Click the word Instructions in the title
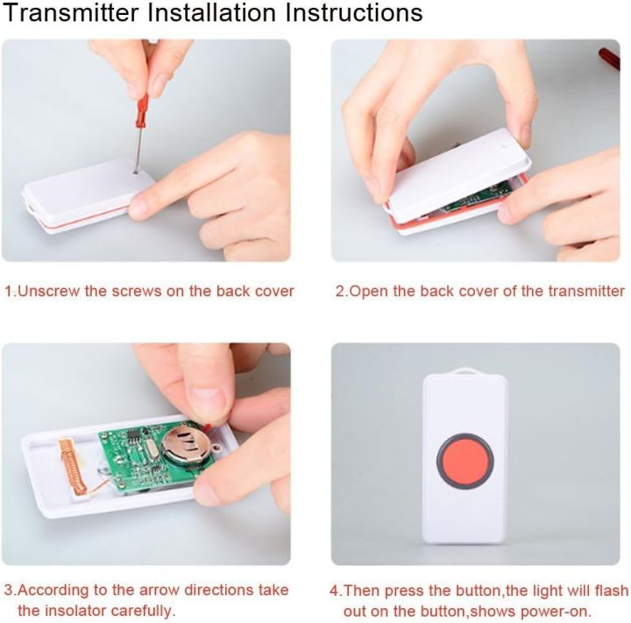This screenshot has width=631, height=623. (x=350, y=14)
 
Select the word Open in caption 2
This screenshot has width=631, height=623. (x=367, y=291)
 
